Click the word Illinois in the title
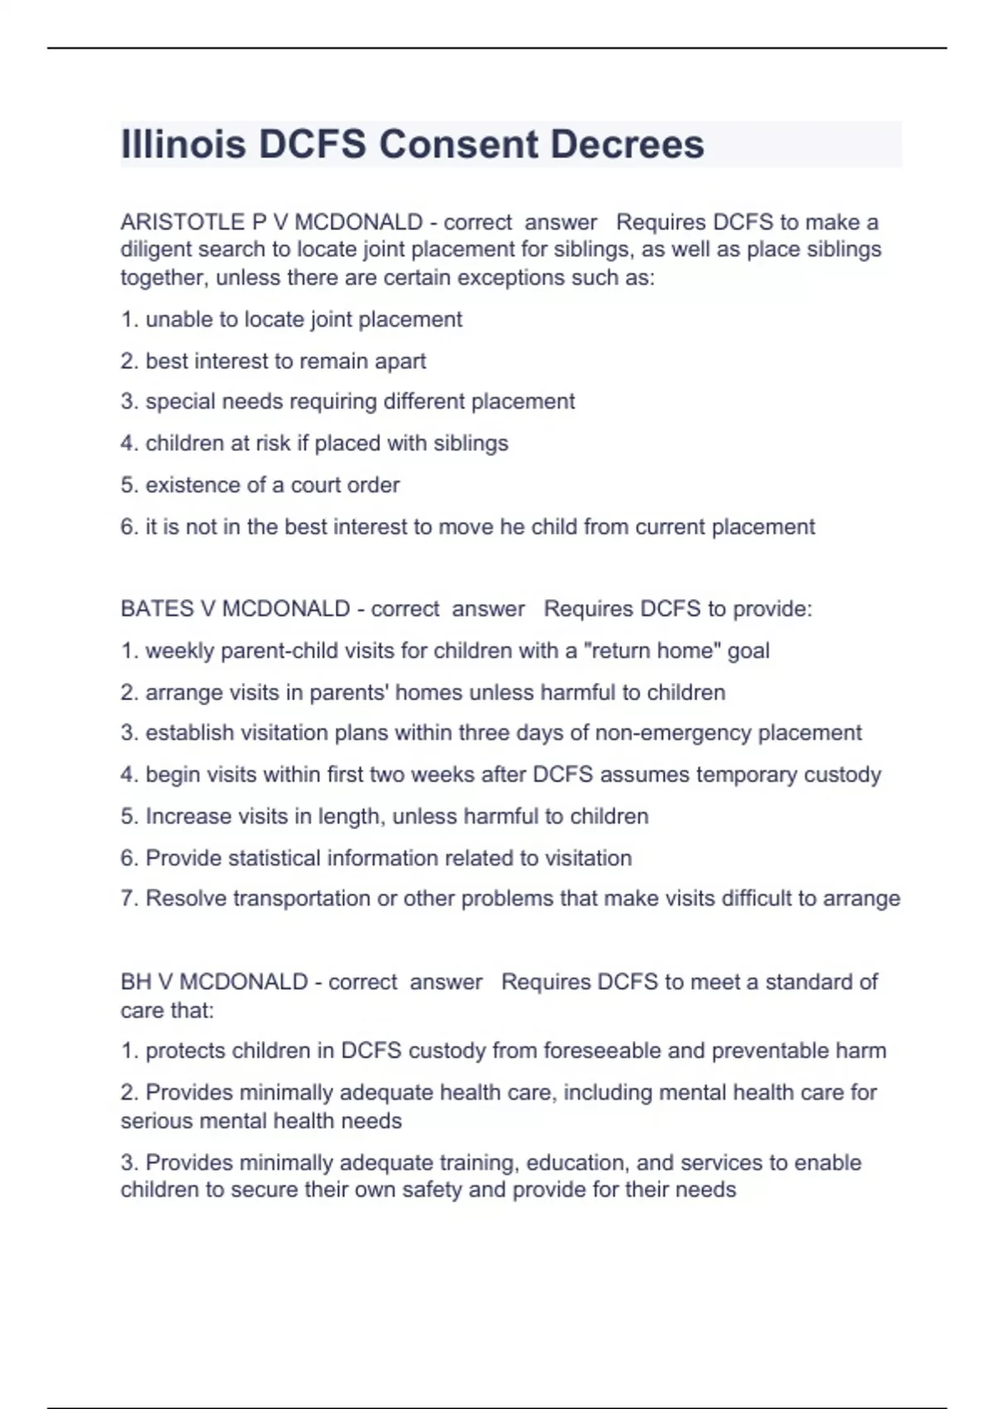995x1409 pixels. [183, 144]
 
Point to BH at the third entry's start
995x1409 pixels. [135, 982]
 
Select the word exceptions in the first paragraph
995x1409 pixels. [512, 278]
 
